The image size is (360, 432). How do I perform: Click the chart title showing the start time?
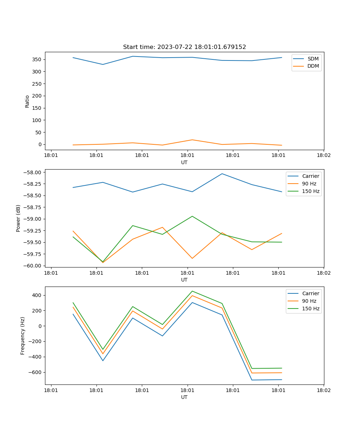pos(184,47)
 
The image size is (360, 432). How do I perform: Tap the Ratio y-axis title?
pos(27,102)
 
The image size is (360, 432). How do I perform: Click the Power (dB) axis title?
pos(18,218)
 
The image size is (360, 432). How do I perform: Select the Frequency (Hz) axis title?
pos(23,336)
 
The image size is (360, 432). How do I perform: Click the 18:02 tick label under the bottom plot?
pos(323,390)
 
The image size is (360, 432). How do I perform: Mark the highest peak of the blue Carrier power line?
pos(222,174)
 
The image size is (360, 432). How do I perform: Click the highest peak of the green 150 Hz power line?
pos(192,216)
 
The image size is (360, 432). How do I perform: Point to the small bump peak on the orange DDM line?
pos(192,140)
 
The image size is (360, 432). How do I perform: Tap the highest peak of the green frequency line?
pos(192,291)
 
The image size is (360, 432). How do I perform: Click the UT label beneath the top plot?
pos(184,162)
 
